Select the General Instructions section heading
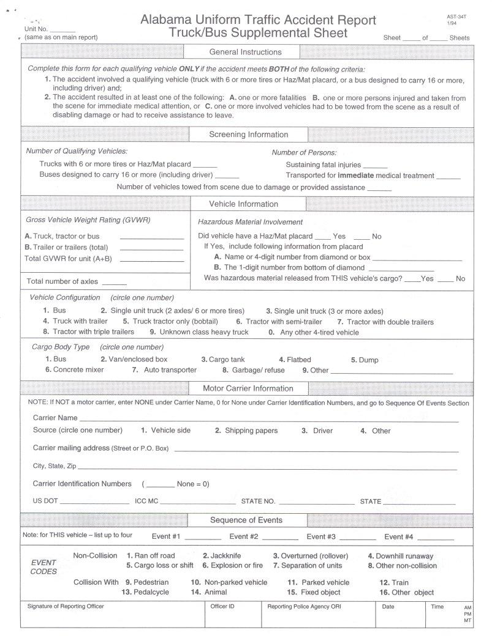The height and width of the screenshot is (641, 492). point(245,52)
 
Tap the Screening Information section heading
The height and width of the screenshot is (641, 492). point(248,135)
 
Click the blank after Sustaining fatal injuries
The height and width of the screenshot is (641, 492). point(375,166)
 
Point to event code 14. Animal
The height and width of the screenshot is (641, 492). point(208,592)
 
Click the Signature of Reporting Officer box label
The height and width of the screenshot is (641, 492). point(66,607)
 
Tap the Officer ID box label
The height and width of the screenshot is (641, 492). point(222,607)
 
